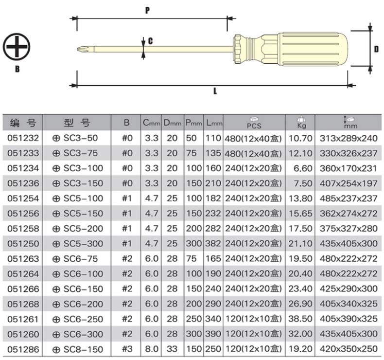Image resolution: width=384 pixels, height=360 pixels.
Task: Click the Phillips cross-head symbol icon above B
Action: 17,47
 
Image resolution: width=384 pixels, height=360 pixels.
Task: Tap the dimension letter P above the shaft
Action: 147,10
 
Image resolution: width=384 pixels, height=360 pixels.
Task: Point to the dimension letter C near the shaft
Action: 150,41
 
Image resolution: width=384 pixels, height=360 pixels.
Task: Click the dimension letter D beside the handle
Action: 376,49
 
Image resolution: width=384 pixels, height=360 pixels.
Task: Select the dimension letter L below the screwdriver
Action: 215,91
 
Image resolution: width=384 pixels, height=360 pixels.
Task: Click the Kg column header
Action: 301,122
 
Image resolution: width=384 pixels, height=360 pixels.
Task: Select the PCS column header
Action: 254,123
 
